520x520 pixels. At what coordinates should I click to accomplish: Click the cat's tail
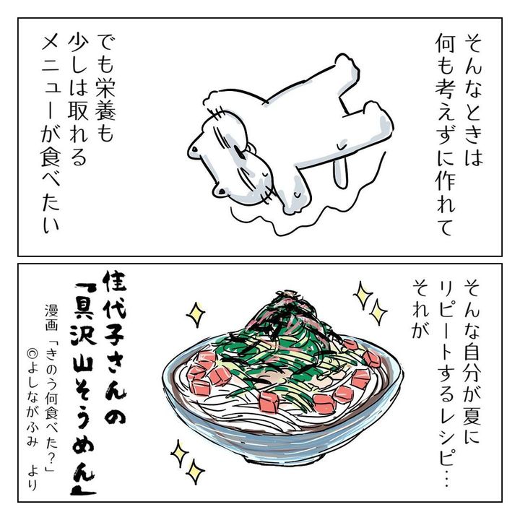(341, 169)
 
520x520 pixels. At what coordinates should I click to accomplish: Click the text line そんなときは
(473, 99)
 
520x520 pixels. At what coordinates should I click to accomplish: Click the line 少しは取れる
(78, 99)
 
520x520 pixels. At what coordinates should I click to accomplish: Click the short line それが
(420, 308)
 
